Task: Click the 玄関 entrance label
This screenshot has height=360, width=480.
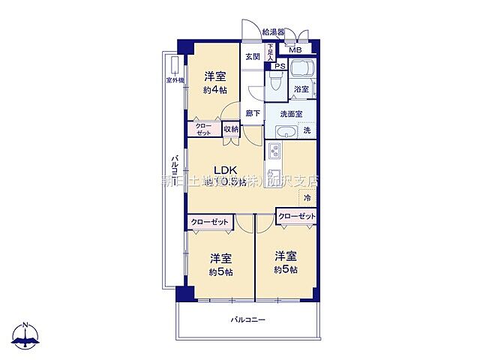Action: (252, 56)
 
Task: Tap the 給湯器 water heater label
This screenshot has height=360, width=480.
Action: (273, 32)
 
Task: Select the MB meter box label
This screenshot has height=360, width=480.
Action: (296, 51)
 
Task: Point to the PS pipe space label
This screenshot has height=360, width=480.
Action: (279, 66)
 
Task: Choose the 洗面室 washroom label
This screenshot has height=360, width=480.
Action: (291, 114)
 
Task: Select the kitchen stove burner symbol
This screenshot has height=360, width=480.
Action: (274, 153)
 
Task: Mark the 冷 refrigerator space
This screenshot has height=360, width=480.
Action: (306, 198)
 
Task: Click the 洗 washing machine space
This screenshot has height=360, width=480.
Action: (307, 131)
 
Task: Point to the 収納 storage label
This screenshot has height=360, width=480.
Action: (230, 129)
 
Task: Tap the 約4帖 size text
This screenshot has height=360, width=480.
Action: (214, 90)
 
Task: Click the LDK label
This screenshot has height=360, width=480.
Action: (226, 169)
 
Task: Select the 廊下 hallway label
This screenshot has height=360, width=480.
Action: (253, 113)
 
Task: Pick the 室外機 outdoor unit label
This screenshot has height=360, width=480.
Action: (174, 79)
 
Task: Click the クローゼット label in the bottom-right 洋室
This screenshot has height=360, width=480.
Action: (296, 216)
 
